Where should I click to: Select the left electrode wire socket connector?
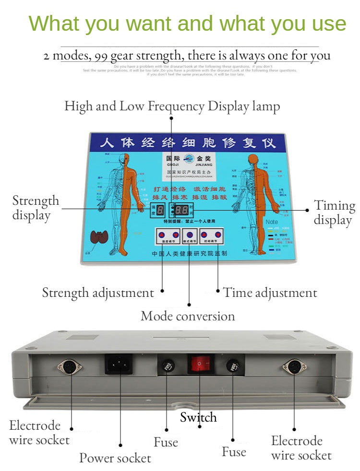click(70, 367)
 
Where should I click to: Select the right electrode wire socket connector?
click(294, 367)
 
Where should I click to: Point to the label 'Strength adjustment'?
click(98, 293)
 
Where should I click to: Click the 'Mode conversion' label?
click(188, 317)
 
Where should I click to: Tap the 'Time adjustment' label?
click(270, 293)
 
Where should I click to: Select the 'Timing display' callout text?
click(335, 213)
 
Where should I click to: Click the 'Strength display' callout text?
click(36, 208)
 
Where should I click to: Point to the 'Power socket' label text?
click(115, 458)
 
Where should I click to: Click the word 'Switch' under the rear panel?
click(198, 417)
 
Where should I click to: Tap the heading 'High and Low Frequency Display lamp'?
click(172, 106)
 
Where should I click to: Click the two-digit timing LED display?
click(181, 210)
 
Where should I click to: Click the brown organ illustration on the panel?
click(101, 237)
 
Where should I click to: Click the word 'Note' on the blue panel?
click(272, 222)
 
